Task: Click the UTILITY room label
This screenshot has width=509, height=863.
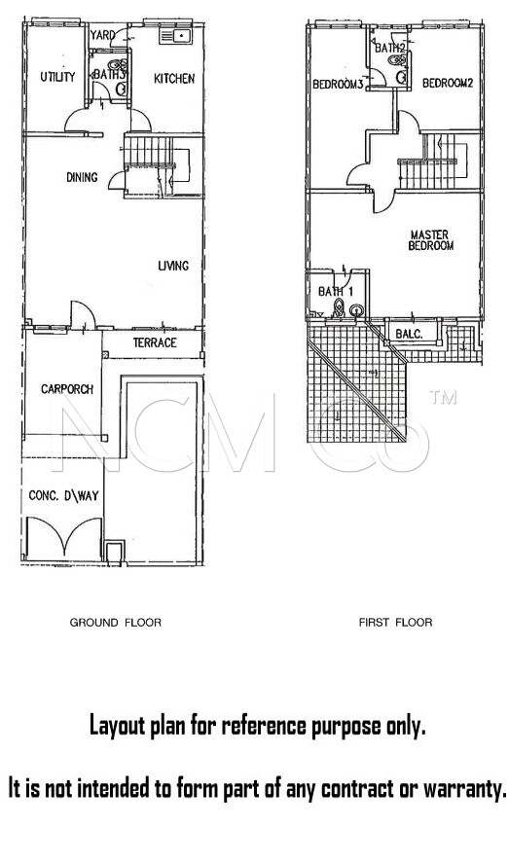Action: [x=57, y=77]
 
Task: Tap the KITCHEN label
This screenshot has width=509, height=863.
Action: [x=174, y=79]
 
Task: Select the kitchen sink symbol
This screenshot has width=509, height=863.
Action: [x=175, y=36]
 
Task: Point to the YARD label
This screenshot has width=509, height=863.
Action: [x=102, y=35]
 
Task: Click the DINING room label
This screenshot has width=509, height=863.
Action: [x=82, y=177]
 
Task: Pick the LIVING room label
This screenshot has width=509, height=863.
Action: [x=173, y=266]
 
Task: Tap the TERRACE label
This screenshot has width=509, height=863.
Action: [x=155, y=342]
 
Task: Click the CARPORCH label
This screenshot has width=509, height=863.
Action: [x=67, y=389]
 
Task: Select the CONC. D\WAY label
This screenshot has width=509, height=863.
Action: [x=63, y=496]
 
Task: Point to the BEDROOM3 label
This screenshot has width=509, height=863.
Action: [x=338, y=85]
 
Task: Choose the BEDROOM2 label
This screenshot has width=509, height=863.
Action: [x=448, y=83]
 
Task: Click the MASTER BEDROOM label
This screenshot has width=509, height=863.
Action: [x=430, y=240]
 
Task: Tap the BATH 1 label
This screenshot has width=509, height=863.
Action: [x=336, y=291]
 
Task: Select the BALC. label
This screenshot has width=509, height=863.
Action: [x=409, y=334]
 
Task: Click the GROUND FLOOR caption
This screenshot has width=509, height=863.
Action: [x=116, y=623]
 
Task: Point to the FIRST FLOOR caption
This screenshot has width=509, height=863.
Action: [x=395, y=623]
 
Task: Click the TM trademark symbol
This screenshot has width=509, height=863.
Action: [x=444, y=397]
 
